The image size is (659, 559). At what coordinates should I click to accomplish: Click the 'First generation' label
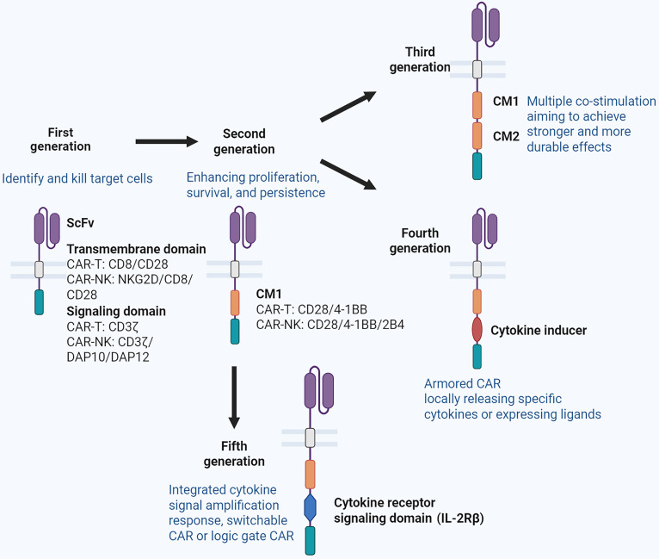(60, 140)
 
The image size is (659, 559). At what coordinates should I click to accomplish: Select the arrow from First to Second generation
(166, 141)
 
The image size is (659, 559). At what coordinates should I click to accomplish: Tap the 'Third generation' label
(420, 59)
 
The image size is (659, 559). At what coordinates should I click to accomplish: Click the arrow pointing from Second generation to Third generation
(348, 106)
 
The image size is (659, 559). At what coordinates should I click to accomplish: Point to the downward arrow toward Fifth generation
(234, 397)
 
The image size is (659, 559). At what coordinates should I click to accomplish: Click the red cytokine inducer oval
(477, 330)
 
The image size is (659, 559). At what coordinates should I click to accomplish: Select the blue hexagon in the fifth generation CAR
(311, 507)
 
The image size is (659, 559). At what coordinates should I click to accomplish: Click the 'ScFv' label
(80, 222)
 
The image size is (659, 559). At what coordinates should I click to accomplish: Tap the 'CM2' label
(506, 136)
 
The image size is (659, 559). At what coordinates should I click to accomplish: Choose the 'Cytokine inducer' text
(539, 330)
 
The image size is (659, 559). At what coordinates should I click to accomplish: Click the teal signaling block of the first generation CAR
(39, 302)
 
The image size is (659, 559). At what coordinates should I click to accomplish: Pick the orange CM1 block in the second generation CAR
(235, 303)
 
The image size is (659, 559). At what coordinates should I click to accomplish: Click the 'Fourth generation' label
(420, 240)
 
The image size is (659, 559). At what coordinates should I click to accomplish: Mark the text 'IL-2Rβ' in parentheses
(460, 519)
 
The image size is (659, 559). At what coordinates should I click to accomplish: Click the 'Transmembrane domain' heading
(136, 249)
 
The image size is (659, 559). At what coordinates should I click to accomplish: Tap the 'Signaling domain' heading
(116, 311)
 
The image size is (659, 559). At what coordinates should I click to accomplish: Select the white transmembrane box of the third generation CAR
(477, 70)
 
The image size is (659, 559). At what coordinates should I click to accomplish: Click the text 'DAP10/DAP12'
(108, 357)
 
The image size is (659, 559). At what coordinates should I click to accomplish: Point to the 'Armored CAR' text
(462, 383)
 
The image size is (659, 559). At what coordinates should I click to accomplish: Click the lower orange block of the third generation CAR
(477, 136)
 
